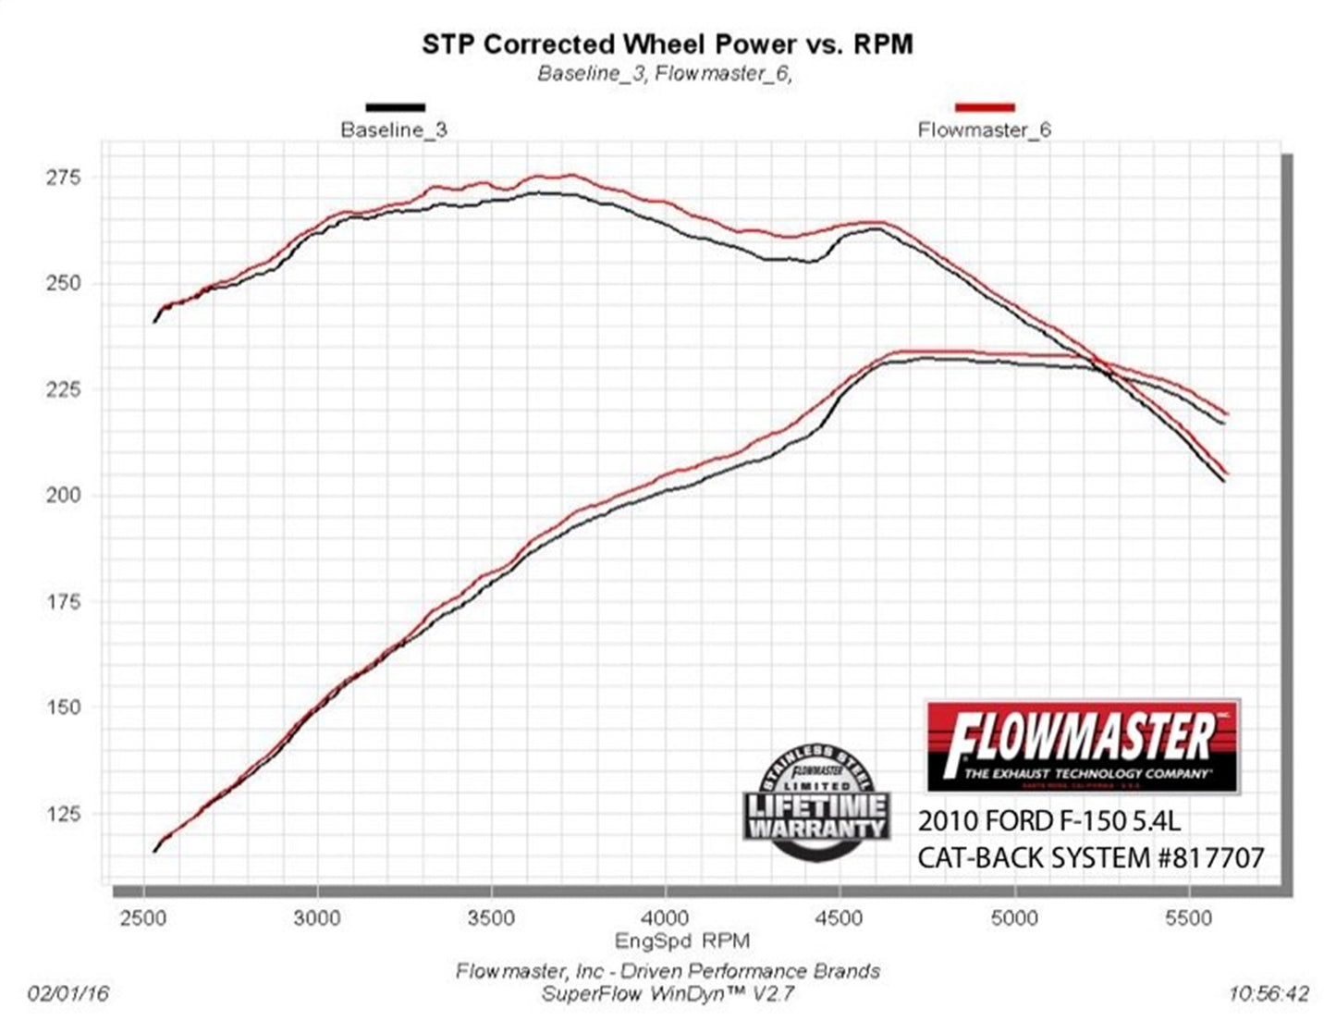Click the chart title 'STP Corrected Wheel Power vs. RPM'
pos(667,43)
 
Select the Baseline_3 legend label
pos(393,129)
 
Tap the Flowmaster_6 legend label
pos(984,129)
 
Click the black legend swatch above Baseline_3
pos(396,107)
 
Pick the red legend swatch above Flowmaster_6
pos(985,107)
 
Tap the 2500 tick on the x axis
pos(143,917)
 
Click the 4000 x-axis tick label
pos(666,917)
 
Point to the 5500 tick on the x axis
pos(1188,917)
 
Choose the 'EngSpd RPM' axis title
pos(682,941)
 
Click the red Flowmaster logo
pos(1082,746)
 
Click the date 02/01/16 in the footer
pos(69,994)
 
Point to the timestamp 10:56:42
pos(1269,994)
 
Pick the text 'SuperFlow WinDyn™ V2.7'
pos(667,994)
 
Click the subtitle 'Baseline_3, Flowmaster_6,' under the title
pos(666,74)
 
